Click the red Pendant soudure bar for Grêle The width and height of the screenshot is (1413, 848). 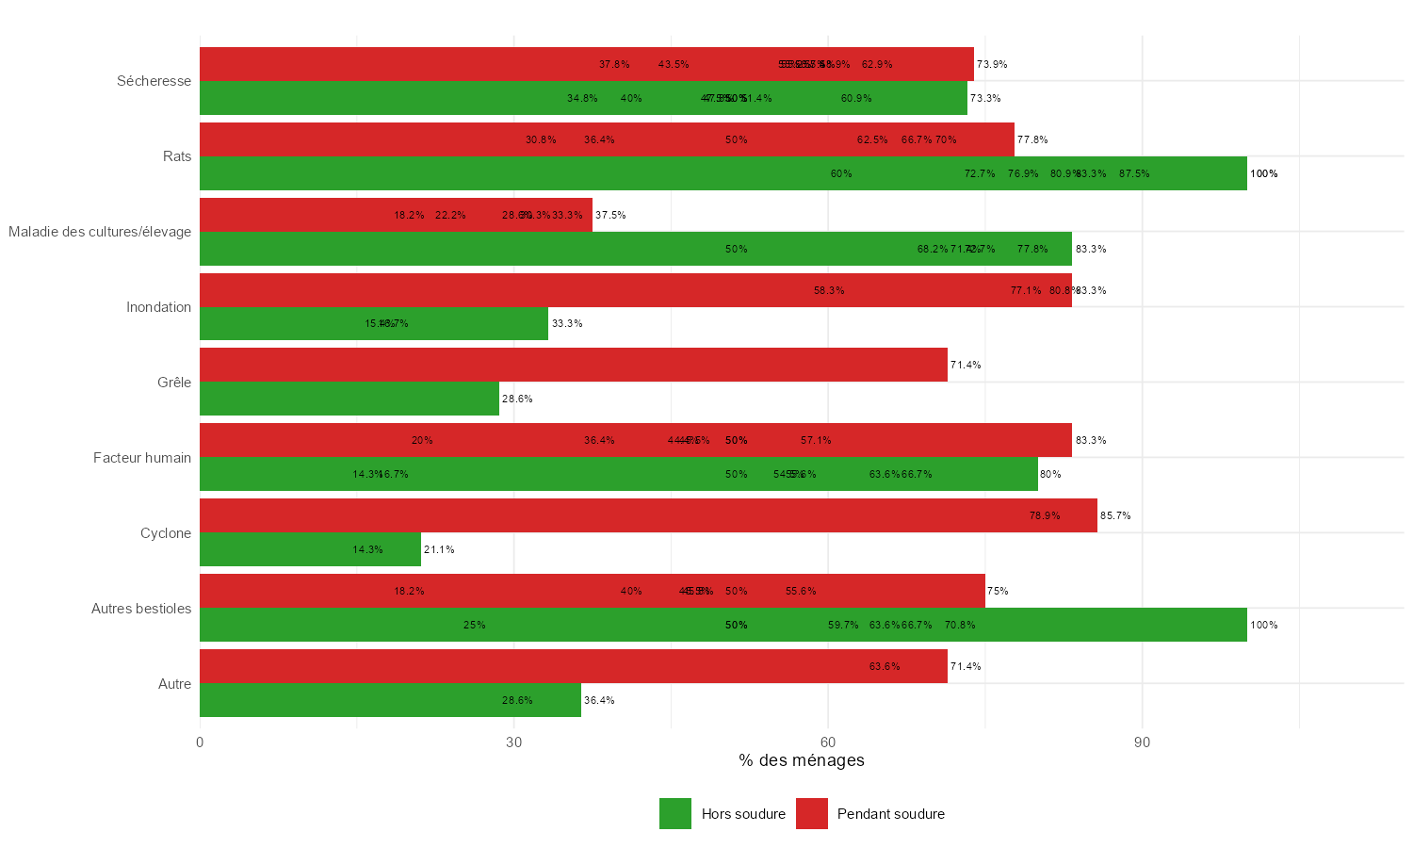(573, 365)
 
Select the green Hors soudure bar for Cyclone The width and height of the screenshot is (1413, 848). (310, 549)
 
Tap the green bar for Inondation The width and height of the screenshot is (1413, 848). (373, 323)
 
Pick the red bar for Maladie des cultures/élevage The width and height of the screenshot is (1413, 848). (396, 215)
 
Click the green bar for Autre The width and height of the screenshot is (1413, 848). (390, 700)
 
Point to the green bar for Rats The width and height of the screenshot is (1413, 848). (723, 173)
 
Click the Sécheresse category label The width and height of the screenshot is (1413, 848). (154, 81)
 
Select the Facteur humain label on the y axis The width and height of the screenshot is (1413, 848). (142, 458)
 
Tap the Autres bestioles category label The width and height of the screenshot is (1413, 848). (141, 609)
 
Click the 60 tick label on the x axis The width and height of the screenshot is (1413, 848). (828, 742)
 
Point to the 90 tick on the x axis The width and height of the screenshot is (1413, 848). (1142, 742)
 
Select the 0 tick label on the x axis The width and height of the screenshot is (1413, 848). (200, 742)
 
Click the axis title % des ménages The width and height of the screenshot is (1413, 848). (802, 760)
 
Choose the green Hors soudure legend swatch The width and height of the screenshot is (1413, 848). (675, 814)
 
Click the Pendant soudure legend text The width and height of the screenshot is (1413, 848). (890, 814)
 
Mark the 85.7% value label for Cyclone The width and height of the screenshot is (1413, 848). (1115, 515)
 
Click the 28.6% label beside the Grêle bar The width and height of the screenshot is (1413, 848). (517, 399)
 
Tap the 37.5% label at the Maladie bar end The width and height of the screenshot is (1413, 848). (610, 215)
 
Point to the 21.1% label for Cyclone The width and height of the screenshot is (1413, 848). (439, 549)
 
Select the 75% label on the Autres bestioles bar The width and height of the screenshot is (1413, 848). (998, 591)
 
